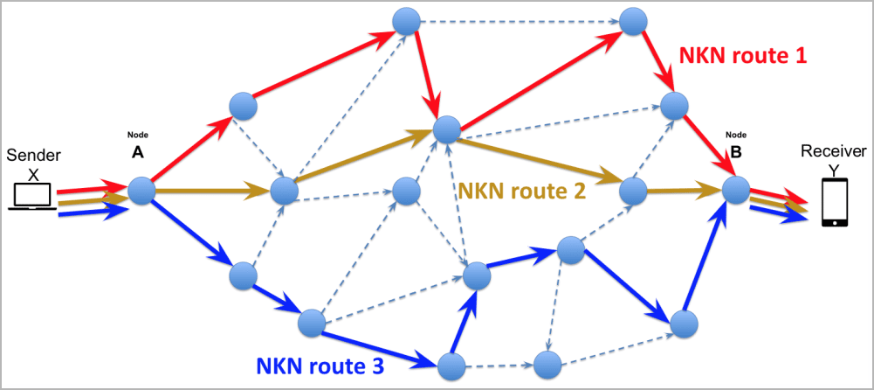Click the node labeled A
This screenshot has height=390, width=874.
click(x=141, y=190)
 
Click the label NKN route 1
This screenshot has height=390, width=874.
click(x=742, y=57)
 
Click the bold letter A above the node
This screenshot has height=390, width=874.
click(x=138, y=151)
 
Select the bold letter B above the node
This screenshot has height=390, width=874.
click(x=736, y=150)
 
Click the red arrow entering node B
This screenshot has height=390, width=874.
click(x=704, y=146)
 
